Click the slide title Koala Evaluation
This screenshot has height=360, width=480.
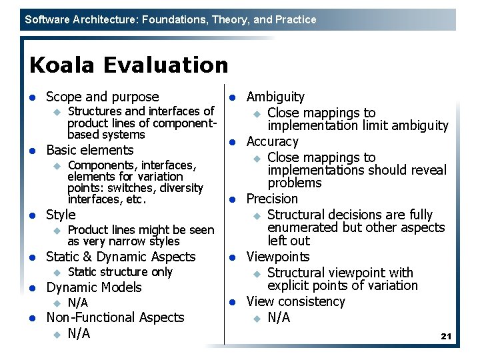tap(129, 65)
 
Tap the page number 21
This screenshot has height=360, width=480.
tap(446, 337)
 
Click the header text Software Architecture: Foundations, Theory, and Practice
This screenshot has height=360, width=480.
tap(171, 20)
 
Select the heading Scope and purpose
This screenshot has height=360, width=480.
tap(102, 97)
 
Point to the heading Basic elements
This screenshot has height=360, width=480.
tap(89, 150)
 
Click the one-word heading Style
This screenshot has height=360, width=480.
tap(61, 215)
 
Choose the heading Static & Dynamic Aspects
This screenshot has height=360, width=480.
tap(121, 257)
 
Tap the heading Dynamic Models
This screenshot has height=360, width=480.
tap(93, 287)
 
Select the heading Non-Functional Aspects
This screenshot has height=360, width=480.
tap(115, 318)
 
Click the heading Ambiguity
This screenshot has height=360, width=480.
tap(275, 97)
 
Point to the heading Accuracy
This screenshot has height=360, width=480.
tap(273, 141)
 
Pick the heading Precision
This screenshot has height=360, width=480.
tap(272, 199)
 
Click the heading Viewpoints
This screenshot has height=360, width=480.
tap(278, 257)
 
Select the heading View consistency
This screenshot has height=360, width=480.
tap(295, 301)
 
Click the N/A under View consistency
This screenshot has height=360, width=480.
tap(279, 317)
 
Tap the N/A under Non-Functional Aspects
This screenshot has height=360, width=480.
tap(79, 333)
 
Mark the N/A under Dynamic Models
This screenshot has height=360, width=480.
tap(78, 303)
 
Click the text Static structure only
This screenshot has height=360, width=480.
tap(120, 272)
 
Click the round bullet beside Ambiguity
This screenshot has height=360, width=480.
tap(233, 98)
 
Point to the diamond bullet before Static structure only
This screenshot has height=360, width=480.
tap(57, 273)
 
